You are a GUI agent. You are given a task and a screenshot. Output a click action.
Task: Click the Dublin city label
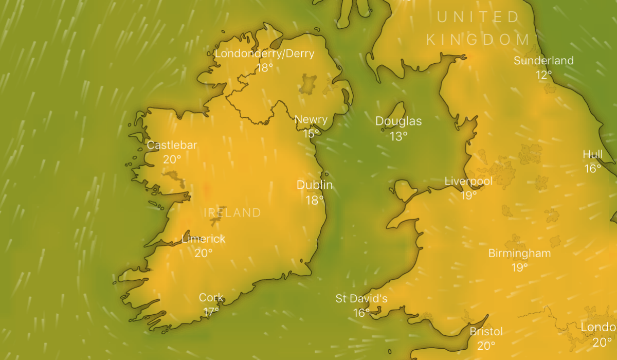(x=315, y=185)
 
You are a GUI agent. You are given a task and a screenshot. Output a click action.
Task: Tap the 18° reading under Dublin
(x=315, y=200)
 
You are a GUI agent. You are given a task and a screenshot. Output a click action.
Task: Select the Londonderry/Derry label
(x=264, y=53)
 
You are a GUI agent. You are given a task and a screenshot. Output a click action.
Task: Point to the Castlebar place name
(x=172, y=145)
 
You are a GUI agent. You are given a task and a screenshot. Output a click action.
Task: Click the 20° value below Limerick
(x=204, y=253)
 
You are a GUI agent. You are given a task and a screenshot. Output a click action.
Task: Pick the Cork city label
(x=211, y=297)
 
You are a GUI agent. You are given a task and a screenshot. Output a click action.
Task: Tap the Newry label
(x=311, y=120)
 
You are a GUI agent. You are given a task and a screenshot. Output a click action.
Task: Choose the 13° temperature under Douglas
(x=398, y=136)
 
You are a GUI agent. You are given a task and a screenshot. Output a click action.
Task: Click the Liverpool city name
(x=468, y=181)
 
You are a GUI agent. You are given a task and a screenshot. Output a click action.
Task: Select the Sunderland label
(x=543, y=61)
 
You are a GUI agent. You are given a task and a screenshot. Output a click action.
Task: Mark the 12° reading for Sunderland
(x=543, y=75)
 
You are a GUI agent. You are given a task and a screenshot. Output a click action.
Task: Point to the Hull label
(x=592, y=154)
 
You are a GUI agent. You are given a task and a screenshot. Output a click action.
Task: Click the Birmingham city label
(x=519, y=253)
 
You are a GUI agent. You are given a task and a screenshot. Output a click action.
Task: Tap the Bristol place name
(x=486, y=331)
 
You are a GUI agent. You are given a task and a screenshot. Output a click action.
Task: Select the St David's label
(x=361, y=299)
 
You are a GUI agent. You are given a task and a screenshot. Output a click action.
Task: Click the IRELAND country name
(x=232, y=212)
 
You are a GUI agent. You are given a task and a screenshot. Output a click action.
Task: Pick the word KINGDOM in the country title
(x=478, y=40)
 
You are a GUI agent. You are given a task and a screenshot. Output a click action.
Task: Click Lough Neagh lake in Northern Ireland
(x=308, y=84)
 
